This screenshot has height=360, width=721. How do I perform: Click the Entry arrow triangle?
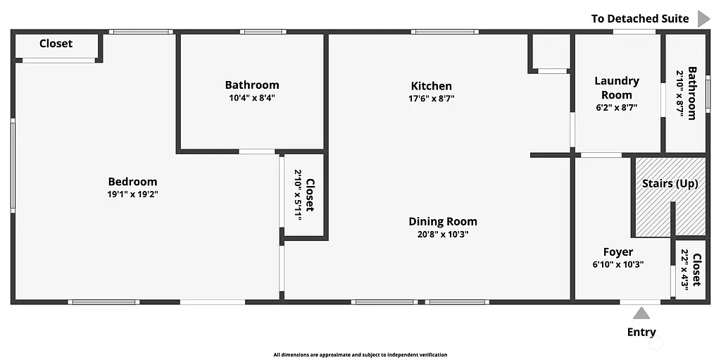coord(641,314)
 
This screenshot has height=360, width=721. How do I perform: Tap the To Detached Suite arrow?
coord(703,18)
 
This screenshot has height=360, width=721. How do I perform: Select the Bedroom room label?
coord(132,182)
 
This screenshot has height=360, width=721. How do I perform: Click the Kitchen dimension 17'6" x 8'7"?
coord(432,99)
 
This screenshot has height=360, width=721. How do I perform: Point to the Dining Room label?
coord(443,221)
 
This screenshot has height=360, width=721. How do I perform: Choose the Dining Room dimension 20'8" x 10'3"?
coord(443,234)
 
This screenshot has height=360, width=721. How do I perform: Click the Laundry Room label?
coord(617,88)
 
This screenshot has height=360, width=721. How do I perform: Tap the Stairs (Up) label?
coord(670,184)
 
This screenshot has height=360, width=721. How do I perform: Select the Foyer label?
coord(618,252)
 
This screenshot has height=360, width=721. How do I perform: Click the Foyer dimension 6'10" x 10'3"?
coord(618,265)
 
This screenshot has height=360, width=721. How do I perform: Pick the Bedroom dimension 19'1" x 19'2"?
coord(132,194)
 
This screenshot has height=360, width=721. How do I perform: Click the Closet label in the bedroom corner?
coord(56,44)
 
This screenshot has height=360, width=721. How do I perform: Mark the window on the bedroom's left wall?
coord(13,166)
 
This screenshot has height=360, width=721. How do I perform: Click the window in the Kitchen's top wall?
coord(445,31)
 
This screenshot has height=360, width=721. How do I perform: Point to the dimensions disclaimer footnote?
coord(360,355)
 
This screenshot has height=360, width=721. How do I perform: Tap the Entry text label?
coord(641,332)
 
